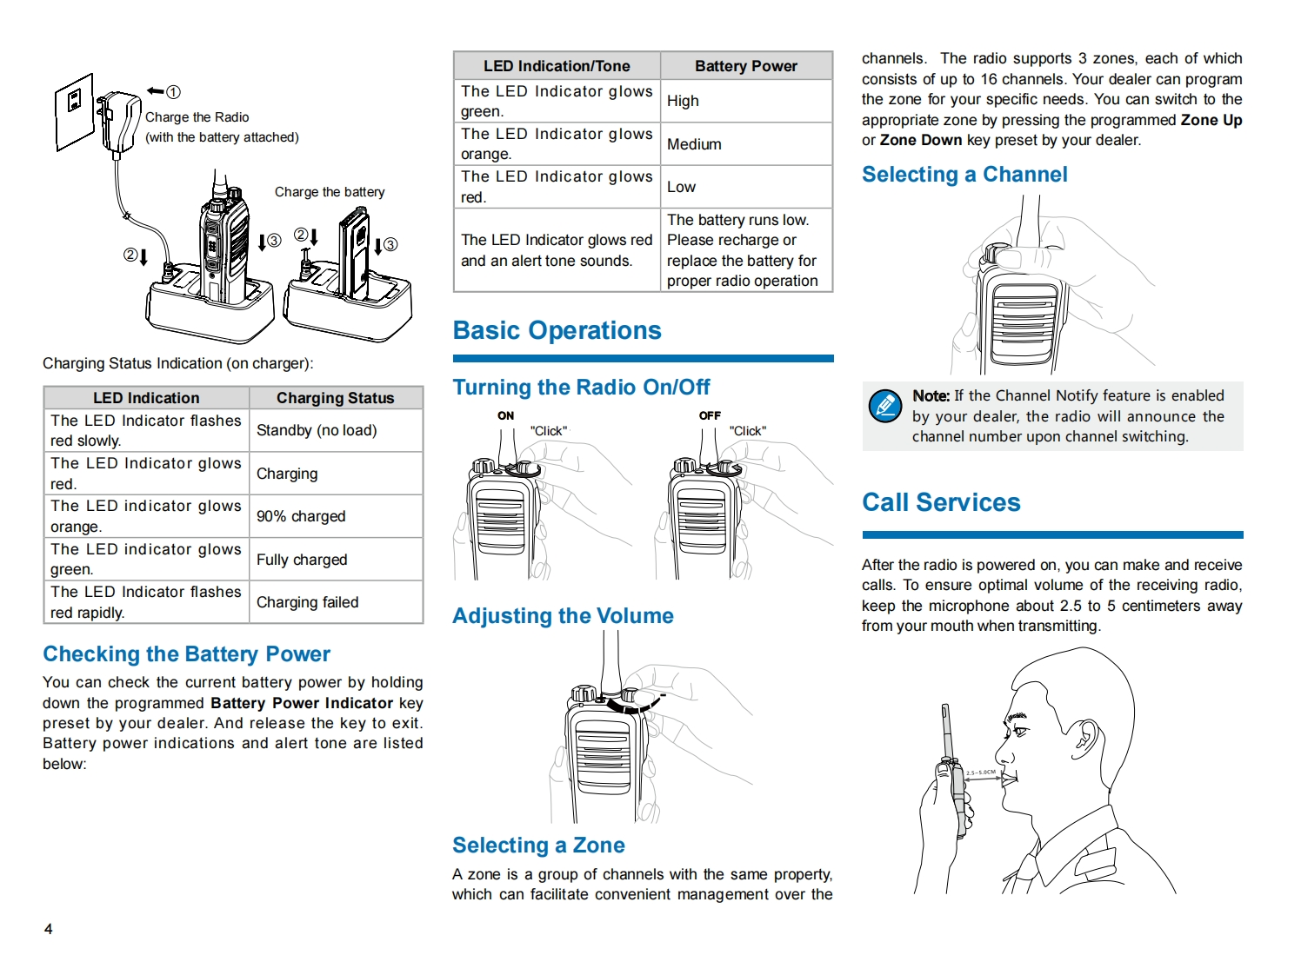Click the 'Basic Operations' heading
tap(557, 331)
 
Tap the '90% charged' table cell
tap(301, 516)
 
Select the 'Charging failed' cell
tap(307, 602)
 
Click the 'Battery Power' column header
tap(745, 66)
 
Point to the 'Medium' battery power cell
tap(694, 144)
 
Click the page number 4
tap(49, 929)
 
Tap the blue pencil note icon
tap(885, 406)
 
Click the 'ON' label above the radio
tap(505, 415)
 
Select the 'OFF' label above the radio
tap(710, 415)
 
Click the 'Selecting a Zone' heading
tap(538, 846)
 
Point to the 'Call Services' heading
tap(941, 503)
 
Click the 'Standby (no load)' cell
tap(317, 430)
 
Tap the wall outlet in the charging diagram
tap(75, 110)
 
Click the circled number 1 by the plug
tap(173, 92)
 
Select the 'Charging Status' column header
tap(335, 398)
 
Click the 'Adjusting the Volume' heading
tap(563, 616)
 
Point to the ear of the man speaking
tap(1084, 738)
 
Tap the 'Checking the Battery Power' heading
tap(187, 654)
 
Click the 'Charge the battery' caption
tap(330, 192)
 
